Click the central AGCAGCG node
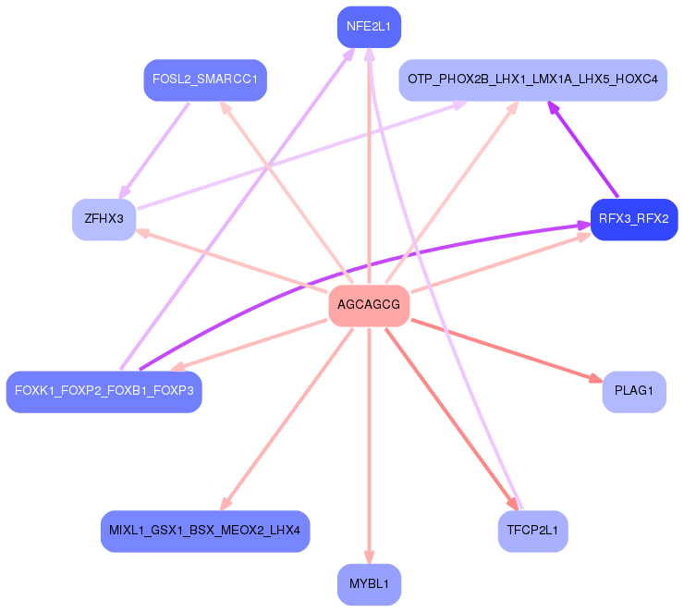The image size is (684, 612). [369, 305]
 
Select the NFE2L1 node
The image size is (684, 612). [369, 27]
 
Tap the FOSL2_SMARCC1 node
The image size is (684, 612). [205, 80]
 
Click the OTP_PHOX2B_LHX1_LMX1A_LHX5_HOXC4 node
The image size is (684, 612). [532, 80]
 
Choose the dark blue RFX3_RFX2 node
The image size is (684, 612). [634, 220]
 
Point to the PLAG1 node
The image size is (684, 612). [634, 391]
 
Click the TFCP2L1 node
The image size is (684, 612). [532, 532]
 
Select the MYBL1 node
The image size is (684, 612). [369, 584]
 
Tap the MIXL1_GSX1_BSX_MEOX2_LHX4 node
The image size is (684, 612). [205, 532]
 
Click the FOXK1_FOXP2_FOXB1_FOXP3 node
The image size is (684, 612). [104, 391]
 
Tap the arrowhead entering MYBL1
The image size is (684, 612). [369, 557]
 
